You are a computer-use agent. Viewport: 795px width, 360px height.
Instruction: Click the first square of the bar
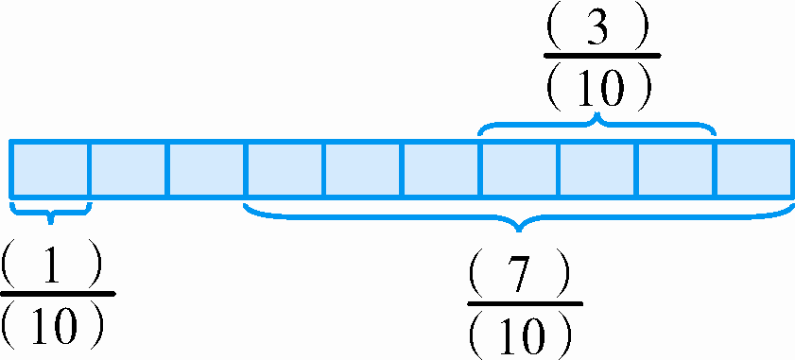click(x=49, y=169)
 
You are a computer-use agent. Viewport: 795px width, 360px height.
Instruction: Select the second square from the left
click(x=128, y=169)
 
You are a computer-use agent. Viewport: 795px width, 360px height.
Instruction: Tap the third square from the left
click(x=206, y=169)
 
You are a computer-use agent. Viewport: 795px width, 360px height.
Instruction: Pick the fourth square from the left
click(x=285, y=169)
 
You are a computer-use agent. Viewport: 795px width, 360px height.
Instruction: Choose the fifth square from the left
click(x=363, y=169)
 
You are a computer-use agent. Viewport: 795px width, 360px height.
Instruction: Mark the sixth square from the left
click(x=441, y=169)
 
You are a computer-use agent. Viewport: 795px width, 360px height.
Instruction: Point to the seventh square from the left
click(x=519, y=169)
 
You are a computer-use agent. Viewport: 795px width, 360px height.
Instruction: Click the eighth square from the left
click(x=597, y=169)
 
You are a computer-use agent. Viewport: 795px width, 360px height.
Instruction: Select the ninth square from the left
click(x=676, y=169)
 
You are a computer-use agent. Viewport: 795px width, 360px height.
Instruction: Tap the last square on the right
click(x=753, y=169)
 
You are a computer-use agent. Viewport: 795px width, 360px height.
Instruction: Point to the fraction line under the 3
click(x=601, y=57)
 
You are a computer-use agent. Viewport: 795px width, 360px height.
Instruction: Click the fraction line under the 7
click(x=525, y=303)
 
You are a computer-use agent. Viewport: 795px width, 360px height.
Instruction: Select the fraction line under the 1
click(x=57, y=293)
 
